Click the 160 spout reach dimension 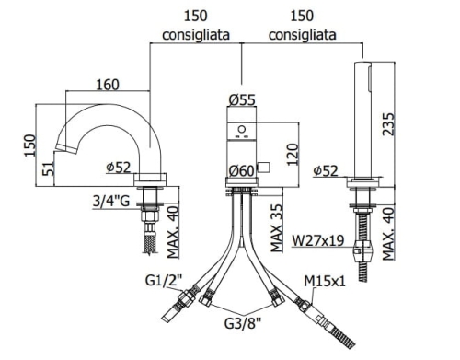108,85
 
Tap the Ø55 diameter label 242,99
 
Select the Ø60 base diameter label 242,170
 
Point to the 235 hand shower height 388,124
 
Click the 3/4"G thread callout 111,202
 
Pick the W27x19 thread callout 318,240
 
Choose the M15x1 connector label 325,281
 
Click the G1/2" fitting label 164,280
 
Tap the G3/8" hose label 243,323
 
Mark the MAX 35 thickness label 276,228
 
